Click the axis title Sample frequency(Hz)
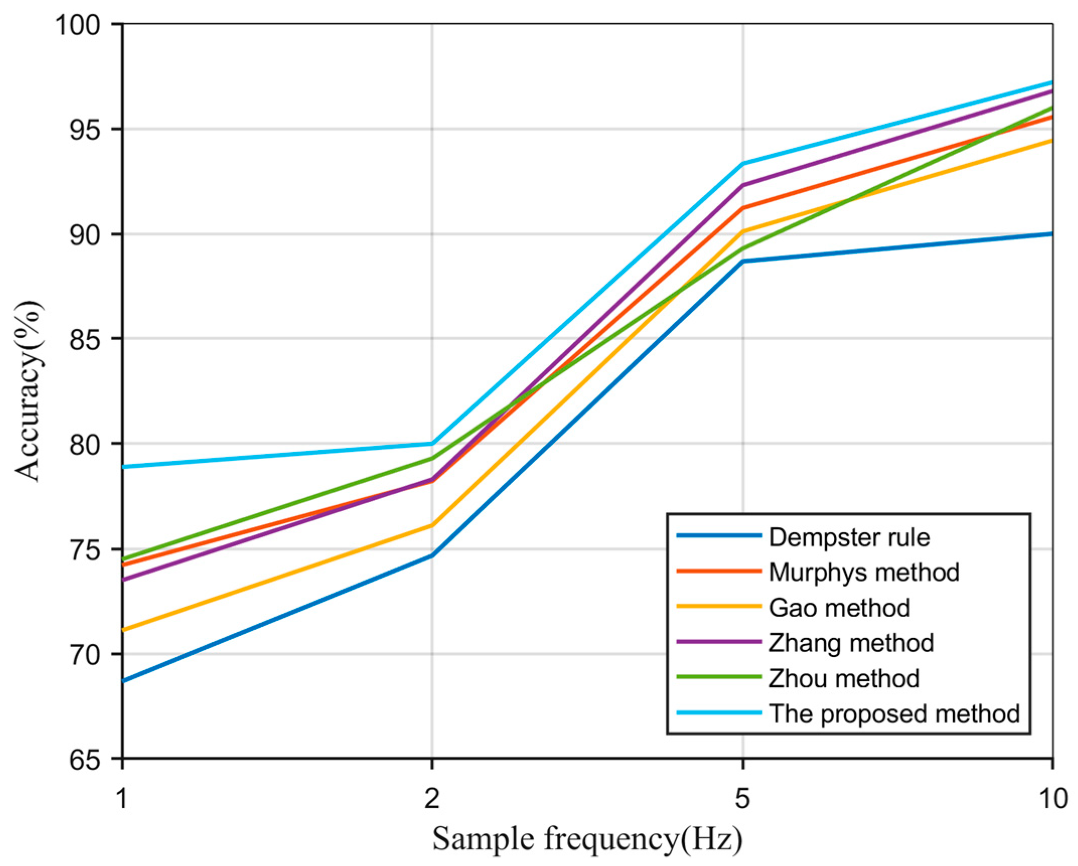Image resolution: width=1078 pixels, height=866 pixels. [x=587, y=839]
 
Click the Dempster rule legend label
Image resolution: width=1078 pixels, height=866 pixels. [x=849, y=537]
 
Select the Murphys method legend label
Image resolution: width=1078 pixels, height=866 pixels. [x=864, y=572]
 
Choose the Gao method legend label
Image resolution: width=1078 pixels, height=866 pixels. [x=839, y=607]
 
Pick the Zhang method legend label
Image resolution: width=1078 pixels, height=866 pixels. [x=851, y=643]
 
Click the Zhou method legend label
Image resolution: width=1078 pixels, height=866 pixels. [x=844, y=678]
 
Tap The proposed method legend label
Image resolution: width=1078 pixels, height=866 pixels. [x=894, y=714]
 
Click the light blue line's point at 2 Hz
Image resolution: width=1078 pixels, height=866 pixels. [x=432, y=443]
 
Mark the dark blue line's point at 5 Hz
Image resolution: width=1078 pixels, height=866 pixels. [x=743, y=261]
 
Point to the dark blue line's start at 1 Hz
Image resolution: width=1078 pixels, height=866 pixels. [x=123, y=681]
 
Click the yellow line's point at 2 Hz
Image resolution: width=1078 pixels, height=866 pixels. [x=432, y=525]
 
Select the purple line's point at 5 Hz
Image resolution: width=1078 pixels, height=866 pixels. [x=743, y=185]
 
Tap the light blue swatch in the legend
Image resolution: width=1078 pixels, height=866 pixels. [x=718, y=713]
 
